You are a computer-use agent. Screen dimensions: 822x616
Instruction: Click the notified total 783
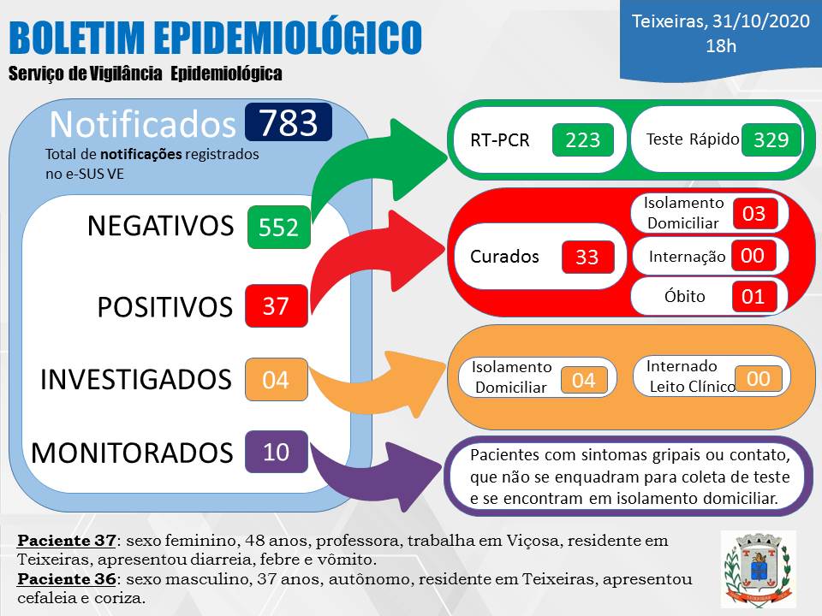click(289, 122)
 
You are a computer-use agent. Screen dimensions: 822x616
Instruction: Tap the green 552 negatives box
click(279, 227)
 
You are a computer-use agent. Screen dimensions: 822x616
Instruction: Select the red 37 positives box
click(277, 306)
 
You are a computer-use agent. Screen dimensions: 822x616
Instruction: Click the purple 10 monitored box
click(277, 452)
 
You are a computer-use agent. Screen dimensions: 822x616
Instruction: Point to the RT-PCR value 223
click(582, 139)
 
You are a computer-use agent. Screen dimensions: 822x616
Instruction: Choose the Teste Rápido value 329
click(771, 139)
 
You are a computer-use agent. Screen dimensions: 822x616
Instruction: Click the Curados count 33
click(587, 257)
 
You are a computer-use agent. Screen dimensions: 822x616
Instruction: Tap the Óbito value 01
click(753, 297)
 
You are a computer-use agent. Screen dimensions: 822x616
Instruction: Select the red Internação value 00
click(753, 256)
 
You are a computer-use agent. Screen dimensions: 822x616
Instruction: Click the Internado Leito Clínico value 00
click(758, 378)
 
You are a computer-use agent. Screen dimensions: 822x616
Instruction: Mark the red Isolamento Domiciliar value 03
click(754, 213)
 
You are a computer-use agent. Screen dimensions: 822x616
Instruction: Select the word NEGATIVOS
click(160, 226)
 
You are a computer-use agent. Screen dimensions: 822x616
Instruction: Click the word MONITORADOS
click(132, 453)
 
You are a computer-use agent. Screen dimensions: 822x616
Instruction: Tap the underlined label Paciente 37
click(67, 540)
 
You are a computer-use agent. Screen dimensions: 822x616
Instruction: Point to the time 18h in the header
click(721, 46)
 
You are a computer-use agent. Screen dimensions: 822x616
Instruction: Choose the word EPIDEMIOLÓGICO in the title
click(289, 37)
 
